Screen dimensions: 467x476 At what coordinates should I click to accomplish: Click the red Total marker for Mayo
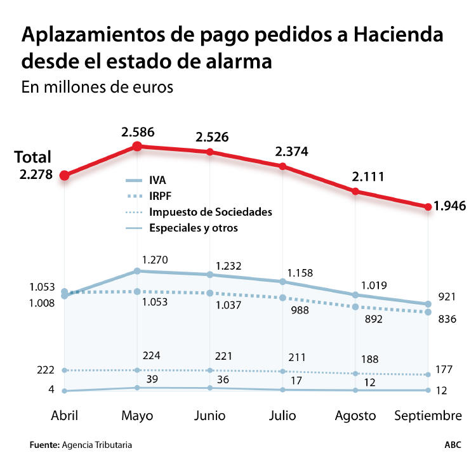pyautogui.click(x=137, y=147)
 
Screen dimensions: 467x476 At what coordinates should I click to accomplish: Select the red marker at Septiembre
pyautogui.click(x=428, y=206)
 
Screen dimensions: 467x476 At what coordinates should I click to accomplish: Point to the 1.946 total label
pyautogui.click(x=450, y=206)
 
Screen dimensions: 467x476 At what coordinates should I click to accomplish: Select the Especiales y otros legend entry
pyautogui.click(x=194, y=228)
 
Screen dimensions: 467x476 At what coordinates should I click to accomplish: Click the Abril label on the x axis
pyautogui.click(x=64, y=416)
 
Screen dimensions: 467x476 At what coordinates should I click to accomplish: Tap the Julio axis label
pyautogui.click(x=282, y=416)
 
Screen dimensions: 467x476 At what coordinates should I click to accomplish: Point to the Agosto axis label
pyautogui.click(x=355, y=416)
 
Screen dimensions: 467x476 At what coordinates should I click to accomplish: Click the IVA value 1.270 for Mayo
pyautogui.click(x=154, y=260)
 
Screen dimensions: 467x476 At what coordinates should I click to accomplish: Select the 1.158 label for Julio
pyautogui.click(x=300, y=273)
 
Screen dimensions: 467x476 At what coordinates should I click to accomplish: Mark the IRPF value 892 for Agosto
pyautogui.click(x=373, y=319)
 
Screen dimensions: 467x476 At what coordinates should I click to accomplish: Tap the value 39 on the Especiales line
pyautogui.click(x=152, y=379)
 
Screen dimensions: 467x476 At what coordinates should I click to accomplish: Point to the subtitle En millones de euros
pyautogui.click(x=97, y=87)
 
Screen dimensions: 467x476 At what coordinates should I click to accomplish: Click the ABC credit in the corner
pyautogui.click(x=453, y=445)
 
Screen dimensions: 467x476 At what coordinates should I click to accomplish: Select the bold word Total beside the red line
pyautogui.click(x=32, y=158)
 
